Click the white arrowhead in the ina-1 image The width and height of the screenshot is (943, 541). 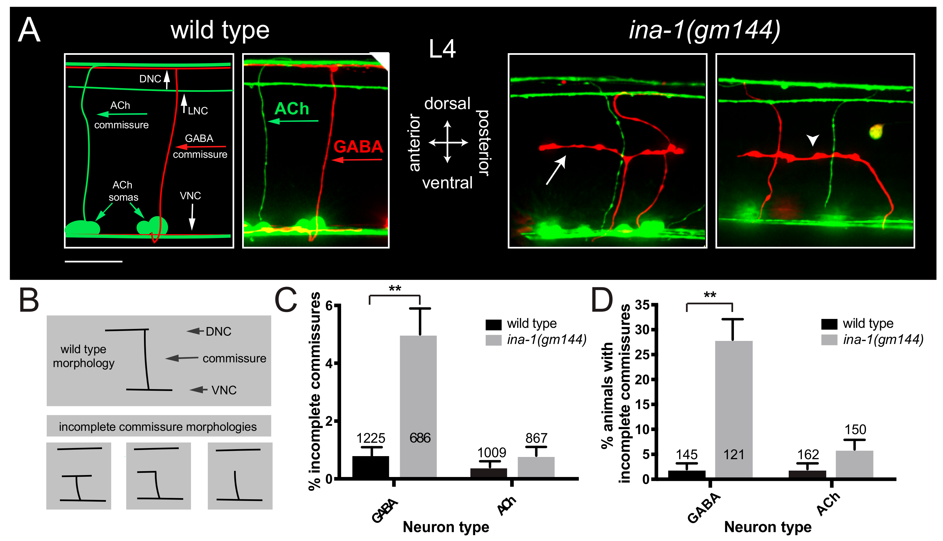pyautogui.click(x=812, y=140)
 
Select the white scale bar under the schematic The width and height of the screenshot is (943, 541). pyautogui.click(x=93, y=262)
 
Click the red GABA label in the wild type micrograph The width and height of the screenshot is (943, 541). pyautogui.click(x=358, y=147)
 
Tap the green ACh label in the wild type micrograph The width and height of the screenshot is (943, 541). pyautogui.click(x=292, y=109)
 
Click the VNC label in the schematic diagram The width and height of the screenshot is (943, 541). pyautogui.click(x=190, y=196)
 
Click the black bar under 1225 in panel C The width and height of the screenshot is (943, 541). pyautogui.click(x=370, y=467)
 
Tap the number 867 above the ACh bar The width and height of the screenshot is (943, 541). pyautogui.click(x=536, y=438)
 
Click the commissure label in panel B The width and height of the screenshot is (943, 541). pyautogui.click(x=234, y=358)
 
